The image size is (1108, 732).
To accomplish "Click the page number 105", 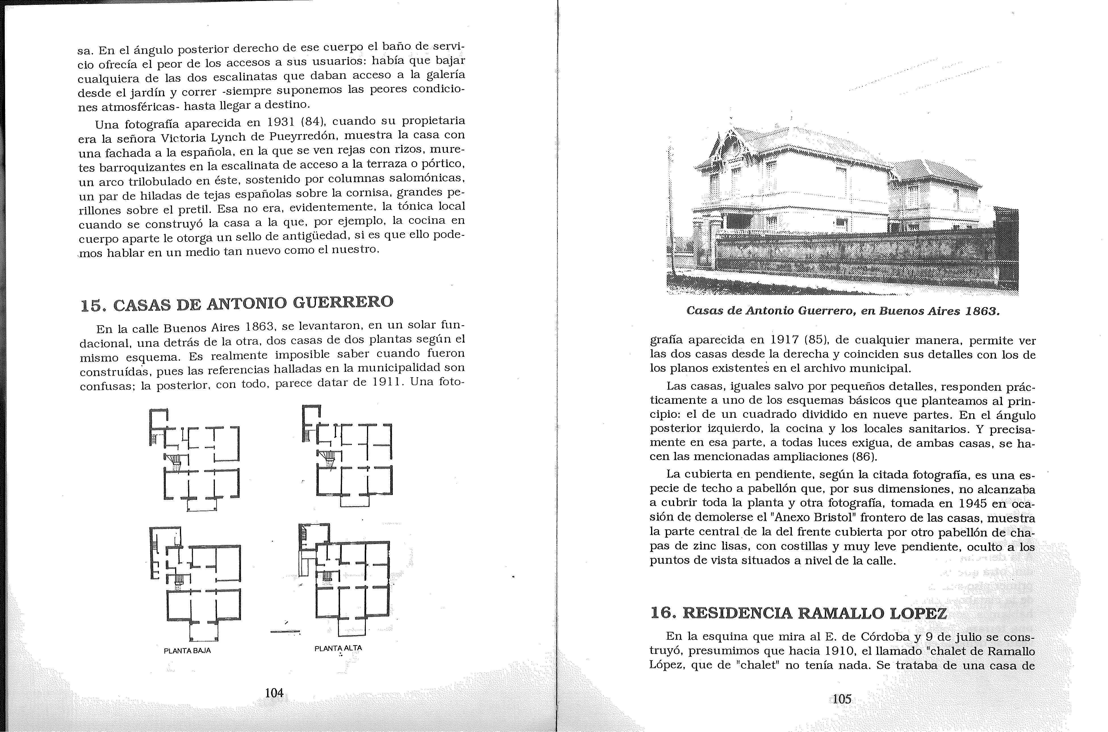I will pos(842,699).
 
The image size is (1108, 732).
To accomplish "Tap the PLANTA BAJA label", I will pos(187,650).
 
